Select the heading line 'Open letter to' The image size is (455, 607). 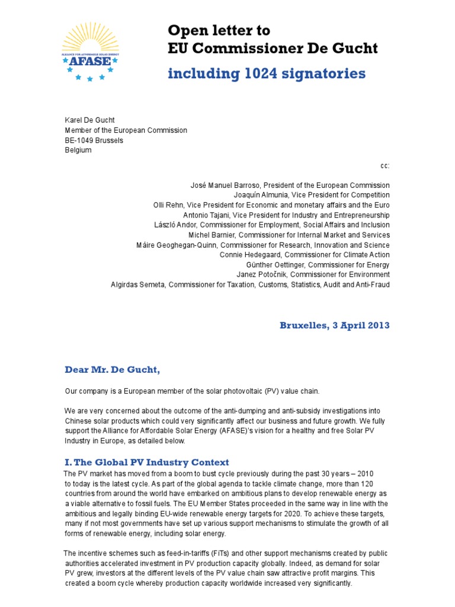(219, 30)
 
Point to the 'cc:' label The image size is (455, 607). (385, 167)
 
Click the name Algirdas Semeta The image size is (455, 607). (138, 285)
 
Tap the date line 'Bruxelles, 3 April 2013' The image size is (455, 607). (335, 325)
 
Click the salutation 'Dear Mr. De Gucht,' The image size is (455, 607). (113, 370)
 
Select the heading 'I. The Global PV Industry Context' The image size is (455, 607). (146, 462)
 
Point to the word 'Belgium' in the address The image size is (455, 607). (78, 151)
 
